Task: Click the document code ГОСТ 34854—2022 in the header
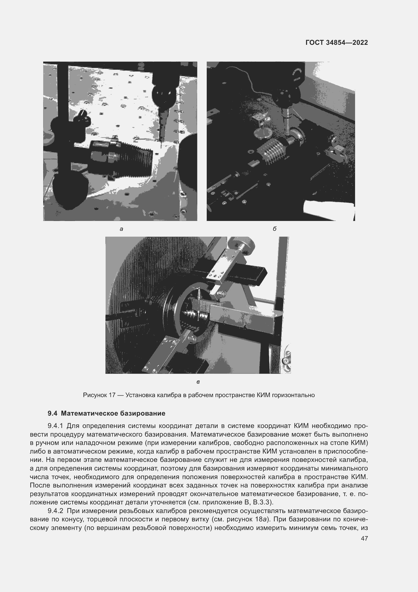click(x=337, y=43)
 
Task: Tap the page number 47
click(x=364, y=538)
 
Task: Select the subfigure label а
click(x=122, y=229)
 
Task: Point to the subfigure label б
click(x=275, y=229)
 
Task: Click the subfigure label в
click(x=198, y=382)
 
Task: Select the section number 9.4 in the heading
click(x=52, y=414)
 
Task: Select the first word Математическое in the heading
click(x=90, y=414)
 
